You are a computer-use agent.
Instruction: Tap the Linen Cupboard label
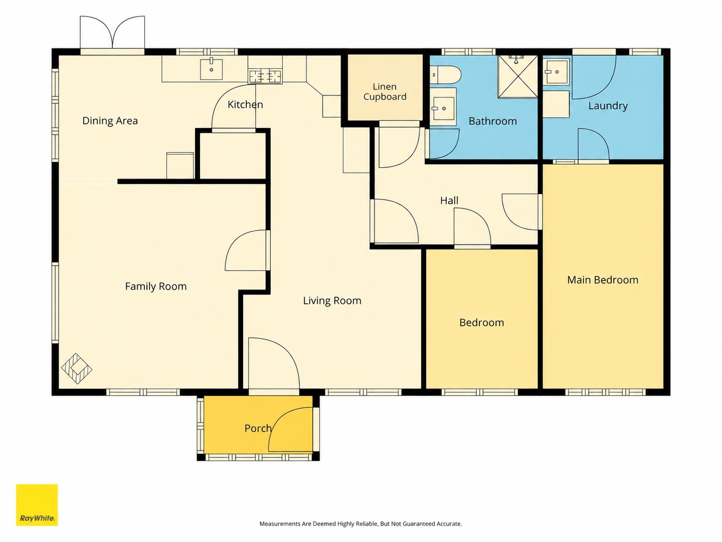tap(385, 91)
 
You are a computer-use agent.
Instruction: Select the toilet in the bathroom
tap(445, 75)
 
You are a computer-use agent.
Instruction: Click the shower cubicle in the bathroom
tap(518, 77)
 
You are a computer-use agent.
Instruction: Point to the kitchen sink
tap(211, 69)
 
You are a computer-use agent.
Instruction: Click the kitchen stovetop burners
tap(265, 77)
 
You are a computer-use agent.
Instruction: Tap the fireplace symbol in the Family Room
tap(77, 369)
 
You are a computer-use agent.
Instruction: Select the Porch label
tap(258, 428)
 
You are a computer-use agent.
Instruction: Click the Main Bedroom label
tap(603, 280)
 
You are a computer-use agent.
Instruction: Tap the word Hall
tap(449, 201)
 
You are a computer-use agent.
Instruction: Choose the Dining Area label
tap(110, 121)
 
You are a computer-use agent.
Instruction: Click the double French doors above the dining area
tap(113, 32)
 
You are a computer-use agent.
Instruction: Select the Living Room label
tap(332, 300)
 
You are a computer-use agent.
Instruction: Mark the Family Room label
tap(156, 286)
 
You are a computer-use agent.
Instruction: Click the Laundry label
tap(608, 106)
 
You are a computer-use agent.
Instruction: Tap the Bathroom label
tap(493, 121)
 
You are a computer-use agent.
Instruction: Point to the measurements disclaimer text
tap(361, 524)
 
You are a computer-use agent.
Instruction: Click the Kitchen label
tap(245, 105)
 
